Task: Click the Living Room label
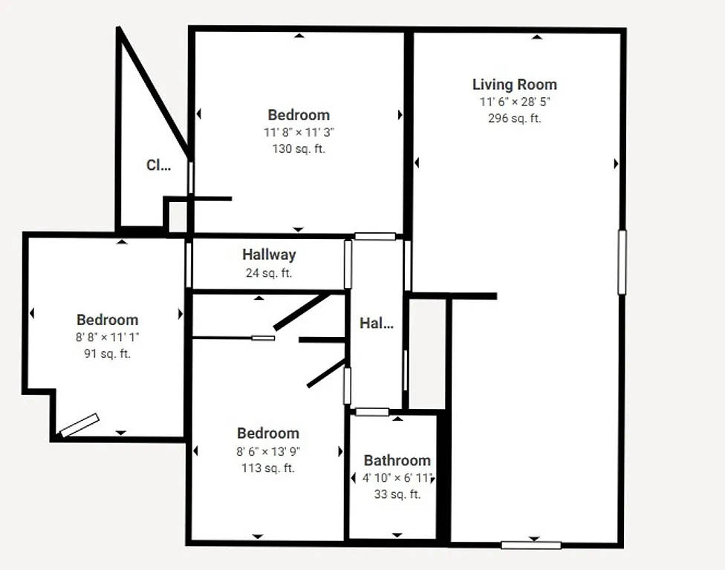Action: point(514,85)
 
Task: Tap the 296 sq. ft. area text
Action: point(514,118)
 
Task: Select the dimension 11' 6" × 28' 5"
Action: point(514,102)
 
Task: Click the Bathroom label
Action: point(397,461)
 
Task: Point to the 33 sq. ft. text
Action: point(397,494)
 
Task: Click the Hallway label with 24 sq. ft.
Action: point(269,255)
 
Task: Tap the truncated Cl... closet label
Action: point(158,166)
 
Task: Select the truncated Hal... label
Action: point(376,323)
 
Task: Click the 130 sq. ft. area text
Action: point(299,148)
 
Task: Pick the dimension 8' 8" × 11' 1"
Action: point(107,337)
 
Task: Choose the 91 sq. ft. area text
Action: point(107,353)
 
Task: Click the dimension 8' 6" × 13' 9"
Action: point(268,451)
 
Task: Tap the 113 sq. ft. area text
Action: point(268,468)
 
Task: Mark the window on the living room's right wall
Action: point(622,262)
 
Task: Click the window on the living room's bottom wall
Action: point(530,546)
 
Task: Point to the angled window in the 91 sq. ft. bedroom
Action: point(79,425)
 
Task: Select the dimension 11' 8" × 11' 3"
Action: point(299,132)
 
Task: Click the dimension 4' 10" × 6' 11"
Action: point(397,478)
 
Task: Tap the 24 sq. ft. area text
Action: point(269,272)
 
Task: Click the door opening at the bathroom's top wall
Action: point(371,412)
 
